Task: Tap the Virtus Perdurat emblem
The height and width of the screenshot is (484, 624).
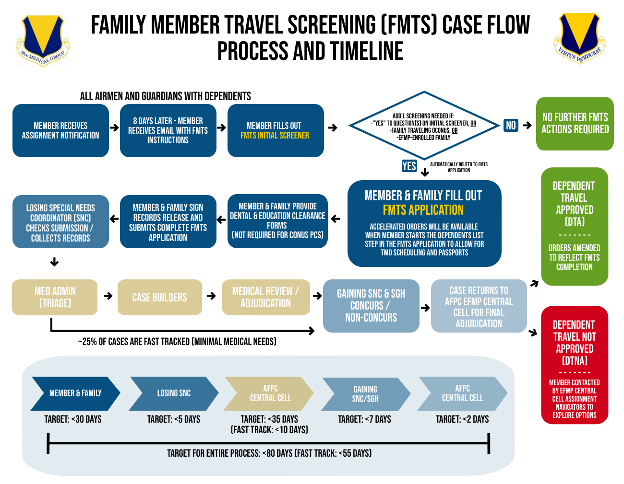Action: click(x=580, y=38)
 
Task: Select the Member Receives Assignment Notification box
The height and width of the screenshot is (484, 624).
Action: click(x=60, y=130)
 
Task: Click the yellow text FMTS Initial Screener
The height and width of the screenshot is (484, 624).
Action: click(x=275, y=136)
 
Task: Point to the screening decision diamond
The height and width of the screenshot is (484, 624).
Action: click(x=424, y=126)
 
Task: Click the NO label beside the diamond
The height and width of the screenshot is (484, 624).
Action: click(x=511, y=126)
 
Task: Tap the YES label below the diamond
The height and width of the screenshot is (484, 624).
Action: click(x=409, y=166)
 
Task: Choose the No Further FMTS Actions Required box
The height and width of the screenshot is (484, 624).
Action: click(x=575, y=124)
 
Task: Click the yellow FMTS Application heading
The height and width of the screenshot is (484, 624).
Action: click(x=423, y=210)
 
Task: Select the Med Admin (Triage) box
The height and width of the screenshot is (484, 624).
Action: click(x=55, y=297)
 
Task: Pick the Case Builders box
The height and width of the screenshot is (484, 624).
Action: click(x=159, y=297)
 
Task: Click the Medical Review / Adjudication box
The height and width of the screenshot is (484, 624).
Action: click(x=266, y=297)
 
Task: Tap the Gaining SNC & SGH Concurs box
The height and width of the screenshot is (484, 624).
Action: click(x=371, y=306)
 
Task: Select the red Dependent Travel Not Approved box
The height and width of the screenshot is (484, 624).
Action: click(x=575, y=365)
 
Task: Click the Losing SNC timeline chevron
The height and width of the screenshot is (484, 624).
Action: click(x=174, y=393)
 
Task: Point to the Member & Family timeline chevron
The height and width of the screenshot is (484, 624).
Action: click(x=75, y=393)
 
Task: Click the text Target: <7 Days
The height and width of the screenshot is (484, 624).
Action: click(x=364, y=419)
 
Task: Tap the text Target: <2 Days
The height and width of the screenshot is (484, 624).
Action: click(x=462, y=419)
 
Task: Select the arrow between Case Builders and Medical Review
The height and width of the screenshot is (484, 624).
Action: click(x=211, y=296)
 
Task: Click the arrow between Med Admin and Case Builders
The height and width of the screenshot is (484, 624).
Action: click(x=108, y=296)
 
